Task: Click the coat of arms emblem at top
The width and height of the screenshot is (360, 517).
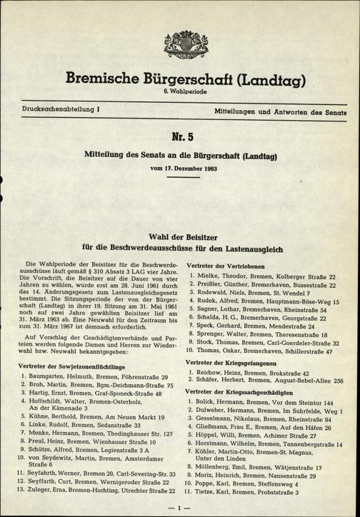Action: click(x=179, y=51)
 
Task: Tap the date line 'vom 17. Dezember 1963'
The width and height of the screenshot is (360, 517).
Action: click(x=180, y=169)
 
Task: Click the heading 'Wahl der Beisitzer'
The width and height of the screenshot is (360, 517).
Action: click(x=180, y=236)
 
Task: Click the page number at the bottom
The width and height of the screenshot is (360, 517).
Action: click(x=180, y=507)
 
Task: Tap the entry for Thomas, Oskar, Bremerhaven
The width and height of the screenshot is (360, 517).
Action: click(x=262, y=352)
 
